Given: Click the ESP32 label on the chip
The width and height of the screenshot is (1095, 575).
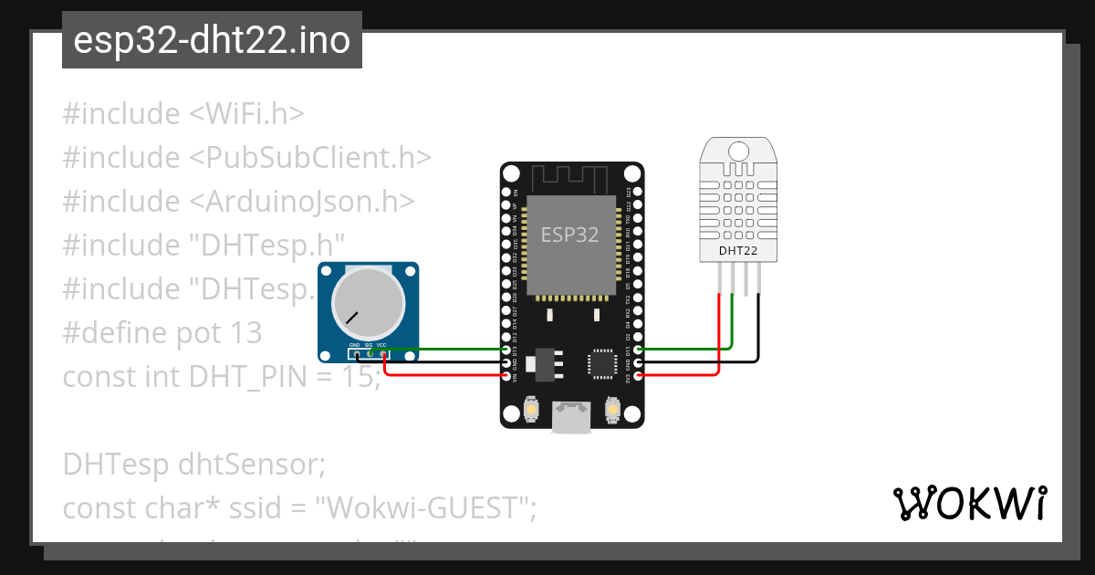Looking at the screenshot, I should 570,235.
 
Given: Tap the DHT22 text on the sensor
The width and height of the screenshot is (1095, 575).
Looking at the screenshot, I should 737,250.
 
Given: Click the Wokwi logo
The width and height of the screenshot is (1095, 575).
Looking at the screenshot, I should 969,504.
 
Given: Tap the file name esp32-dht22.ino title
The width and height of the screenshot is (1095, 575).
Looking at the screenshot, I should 212,40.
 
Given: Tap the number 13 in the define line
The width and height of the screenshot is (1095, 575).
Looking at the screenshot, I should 246,332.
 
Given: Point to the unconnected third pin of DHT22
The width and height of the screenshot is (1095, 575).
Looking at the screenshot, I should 746,279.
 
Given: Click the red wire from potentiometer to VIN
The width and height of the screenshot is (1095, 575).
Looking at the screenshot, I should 438,374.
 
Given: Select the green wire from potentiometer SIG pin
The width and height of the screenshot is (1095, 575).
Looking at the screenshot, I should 438,349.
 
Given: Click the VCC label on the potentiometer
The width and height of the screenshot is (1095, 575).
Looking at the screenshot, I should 382,345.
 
